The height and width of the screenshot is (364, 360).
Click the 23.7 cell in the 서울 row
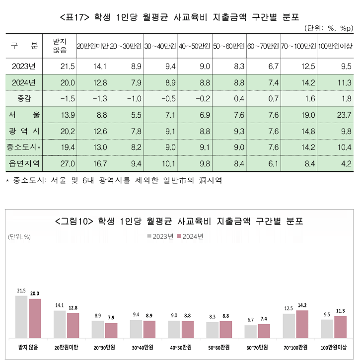point(343,115)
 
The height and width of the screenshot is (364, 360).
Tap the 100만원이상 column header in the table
point(335,46)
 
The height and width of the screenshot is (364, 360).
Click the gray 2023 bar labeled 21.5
point(21,317)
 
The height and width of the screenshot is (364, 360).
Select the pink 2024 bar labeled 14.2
point(302,324)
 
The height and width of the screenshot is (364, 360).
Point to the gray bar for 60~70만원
point(250,331)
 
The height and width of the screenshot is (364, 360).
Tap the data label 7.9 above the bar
point(111,317)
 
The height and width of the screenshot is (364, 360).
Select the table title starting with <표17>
point(179,17)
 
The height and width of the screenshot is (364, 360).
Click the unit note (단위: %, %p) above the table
point(328,28)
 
